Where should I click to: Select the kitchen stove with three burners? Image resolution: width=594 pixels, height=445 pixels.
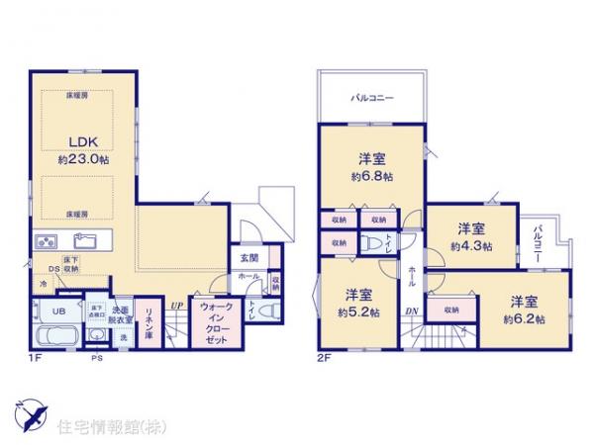click(x=48, y=241)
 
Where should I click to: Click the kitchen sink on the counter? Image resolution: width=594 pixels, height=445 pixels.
click(x=84, y=239)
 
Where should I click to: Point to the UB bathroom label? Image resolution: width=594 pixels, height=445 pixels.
click(x=57, y=310)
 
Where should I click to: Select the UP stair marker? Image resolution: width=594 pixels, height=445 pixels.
click(x=175, y=305)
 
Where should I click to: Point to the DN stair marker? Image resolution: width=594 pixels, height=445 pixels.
click(x=410, y=313)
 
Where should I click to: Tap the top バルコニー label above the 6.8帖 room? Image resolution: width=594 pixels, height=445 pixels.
click(x=372, y=99)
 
